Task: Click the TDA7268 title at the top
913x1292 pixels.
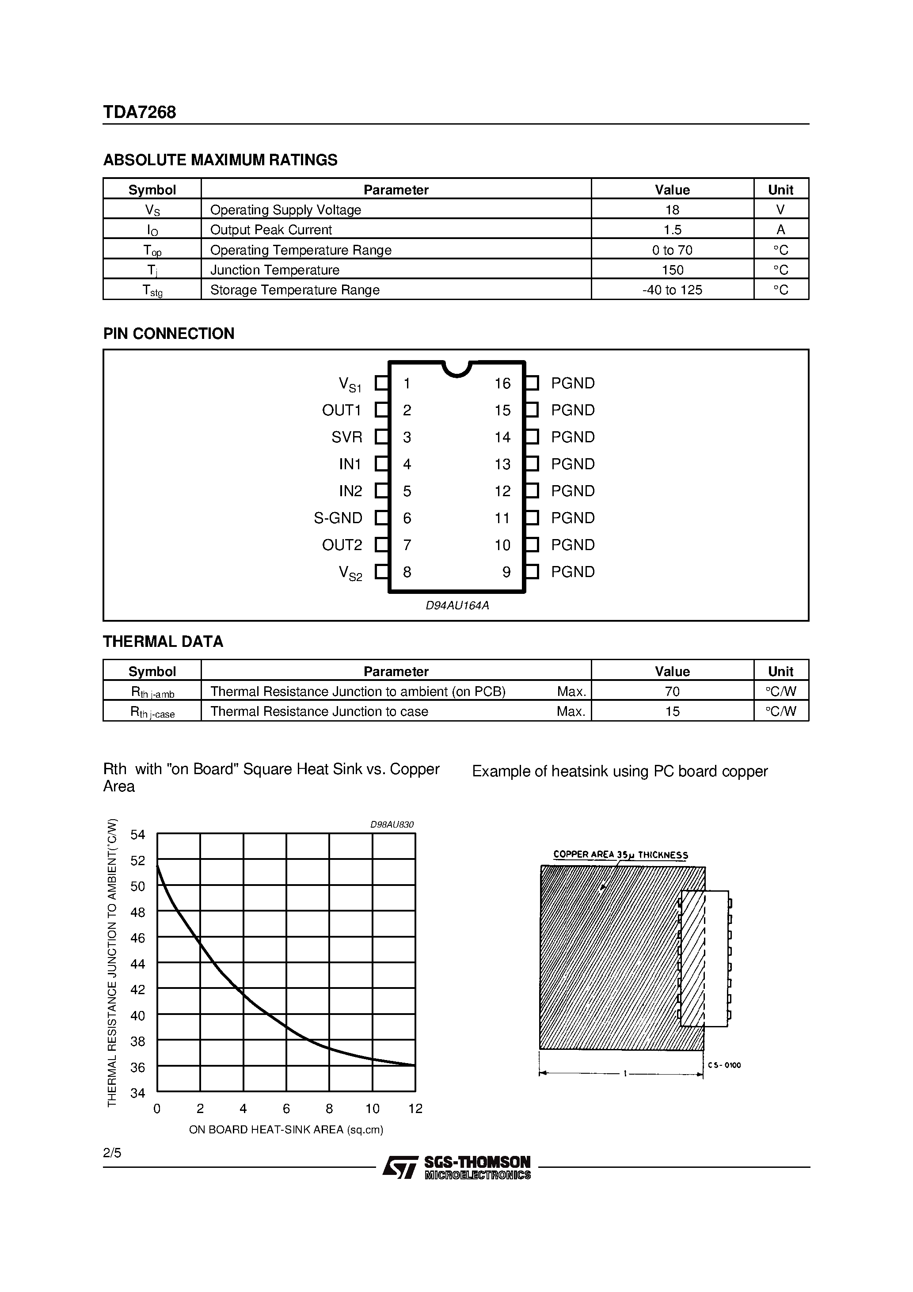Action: [x=140, y=113]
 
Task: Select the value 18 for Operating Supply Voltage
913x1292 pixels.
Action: [x=672, y=210]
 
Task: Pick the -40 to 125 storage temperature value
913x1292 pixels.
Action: [x=672, y=290]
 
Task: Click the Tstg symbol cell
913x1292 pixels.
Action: [x=152, y=290]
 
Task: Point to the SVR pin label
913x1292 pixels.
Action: [x=347, y=437]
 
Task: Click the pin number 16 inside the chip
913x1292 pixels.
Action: [x=502, y=384]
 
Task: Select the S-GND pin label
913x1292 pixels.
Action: [x=338, y=518]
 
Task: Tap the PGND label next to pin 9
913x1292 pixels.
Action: [x=572, y=572]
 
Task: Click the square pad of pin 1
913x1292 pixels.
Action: [x=382, y=383]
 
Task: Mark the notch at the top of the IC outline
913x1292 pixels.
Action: [x=456, y=369]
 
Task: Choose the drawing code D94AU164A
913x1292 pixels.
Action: [x=457, y=606]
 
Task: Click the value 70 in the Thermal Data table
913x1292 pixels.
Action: [x=672, y=692]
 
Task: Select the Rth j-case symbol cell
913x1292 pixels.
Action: [x=152, y=712]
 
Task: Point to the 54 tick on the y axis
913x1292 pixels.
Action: [x=138, y=835]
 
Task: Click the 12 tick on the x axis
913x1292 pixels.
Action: [x=415, y=1109]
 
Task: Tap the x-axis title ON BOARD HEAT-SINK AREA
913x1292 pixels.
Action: [x=286, y=1129]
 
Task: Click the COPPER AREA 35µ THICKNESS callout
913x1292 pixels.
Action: [x=620, y=855]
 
